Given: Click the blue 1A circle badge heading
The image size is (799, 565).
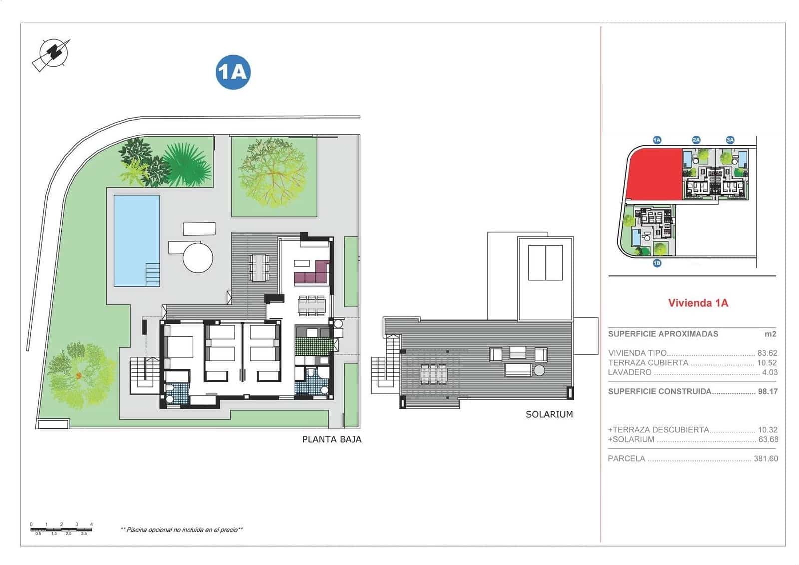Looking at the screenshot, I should coord(233,72).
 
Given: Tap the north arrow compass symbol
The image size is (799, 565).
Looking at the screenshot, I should coord(51,53).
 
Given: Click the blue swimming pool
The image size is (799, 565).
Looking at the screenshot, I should coord(136,240).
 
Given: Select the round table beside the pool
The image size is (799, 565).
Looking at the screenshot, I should coord(198,257).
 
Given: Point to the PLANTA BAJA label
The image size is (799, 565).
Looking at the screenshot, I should coord(332,440).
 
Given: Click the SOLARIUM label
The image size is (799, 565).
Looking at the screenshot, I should coord(549,414).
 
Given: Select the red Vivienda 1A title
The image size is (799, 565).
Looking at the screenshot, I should coord(698,303).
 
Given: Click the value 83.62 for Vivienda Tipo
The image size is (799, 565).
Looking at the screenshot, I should coord(767,353).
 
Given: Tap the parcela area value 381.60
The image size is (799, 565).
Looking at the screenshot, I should coord(765,458).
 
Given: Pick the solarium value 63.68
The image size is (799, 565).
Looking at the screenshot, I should coord(768,440).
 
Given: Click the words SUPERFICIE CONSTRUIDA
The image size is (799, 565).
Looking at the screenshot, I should coord(659,391).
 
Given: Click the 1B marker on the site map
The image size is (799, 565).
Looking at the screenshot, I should coord(657,263).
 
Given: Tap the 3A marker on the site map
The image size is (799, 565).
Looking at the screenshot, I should coord(730,140).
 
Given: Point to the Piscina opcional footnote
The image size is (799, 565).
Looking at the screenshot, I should coord(182,530).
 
